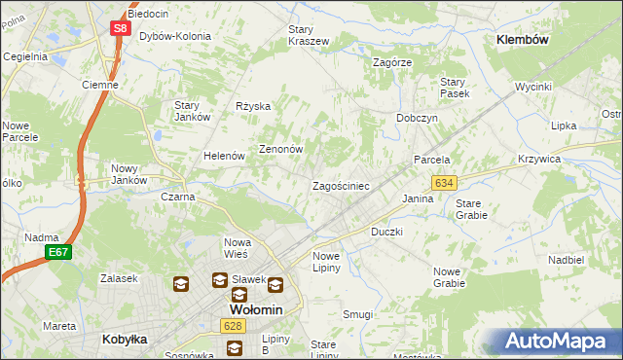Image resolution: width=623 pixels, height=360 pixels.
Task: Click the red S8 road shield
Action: pyautogui.click(x=119, y=28)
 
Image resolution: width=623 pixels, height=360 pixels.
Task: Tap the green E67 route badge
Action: pyautogui.click(x=57, y=252)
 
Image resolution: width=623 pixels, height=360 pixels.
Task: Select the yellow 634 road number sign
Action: pyautogui.click(x=444, y=183)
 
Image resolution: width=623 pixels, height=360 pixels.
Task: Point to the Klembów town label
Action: pyautogui.click(x=523, y=40)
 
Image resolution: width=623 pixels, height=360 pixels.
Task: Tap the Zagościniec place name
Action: pyautogui.click(x=340, y=186)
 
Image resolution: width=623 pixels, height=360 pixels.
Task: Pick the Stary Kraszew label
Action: pyautogui.click(x=309, y=35)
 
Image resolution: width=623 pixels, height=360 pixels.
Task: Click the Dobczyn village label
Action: pyautogui.click(x=417, y=118)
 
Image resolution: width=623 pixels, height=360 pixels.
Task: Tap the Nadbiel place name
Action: pyautogui.click(x=565, y=261)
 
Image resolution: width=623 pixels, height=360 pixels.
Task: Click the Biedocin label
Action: pyautogui.click(x=149, y=14)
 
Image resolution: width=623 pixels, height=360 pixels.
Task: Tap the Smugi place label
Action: pyautogui.click(x=357, y=314)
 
